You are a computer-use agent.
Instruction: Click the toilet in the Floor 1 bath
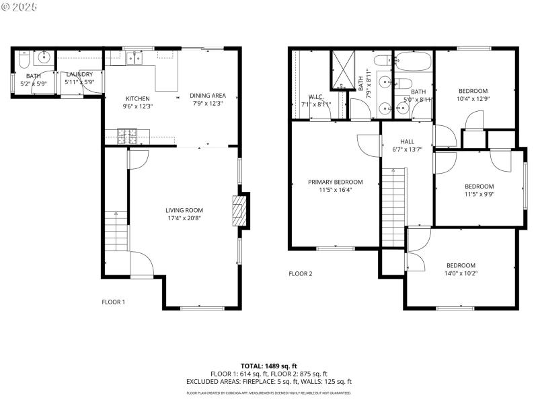click(22, 61)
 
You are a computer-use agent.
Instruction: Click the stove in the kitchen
click(126, 136)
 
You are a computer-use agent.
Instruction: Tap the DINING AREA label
click(207, 96)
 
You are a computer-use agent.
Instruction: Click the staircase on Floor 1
click(116, 230)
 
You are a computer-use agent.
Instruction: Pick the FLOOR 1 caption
click(113, 302)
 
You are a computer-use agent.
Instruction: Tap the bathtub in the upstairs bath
click(413, 62)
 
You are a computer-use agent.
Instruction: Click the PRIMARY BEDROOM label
click(335, 182)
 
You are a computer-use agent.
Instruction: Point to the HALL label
click(407, 141)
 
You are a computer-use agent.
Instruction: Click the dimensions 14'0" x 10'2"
click(461, 273)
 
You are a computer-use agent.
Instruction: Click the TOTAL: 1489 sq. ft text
click(268, 366)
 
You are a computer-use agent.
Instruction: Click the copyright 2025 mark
click(20, 6)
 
